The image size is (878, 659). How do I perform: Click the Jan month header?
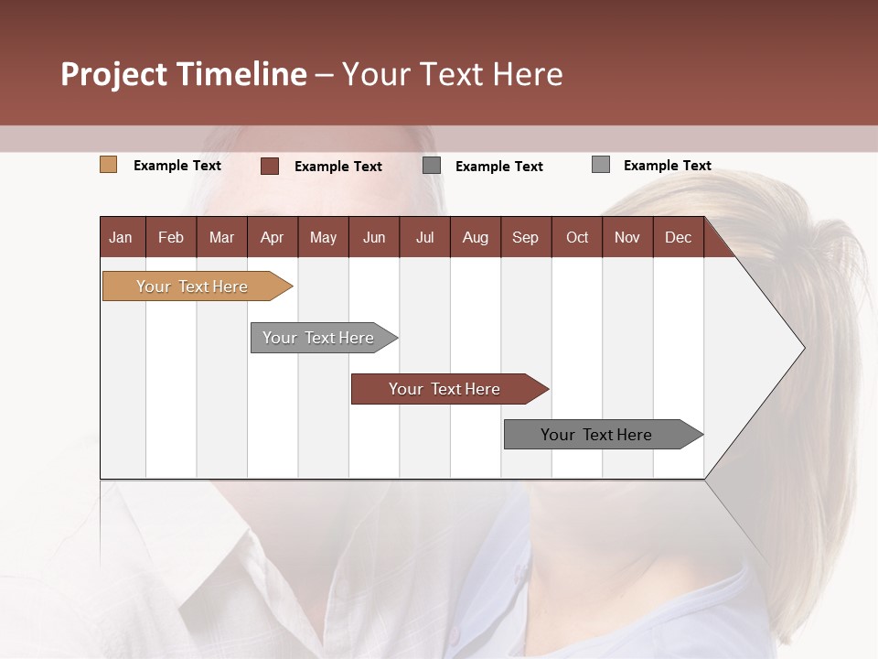(122, 237)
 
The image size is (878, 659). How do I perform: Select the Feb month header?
(171, 237)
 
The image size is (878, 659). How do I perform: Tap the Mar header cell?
(221, 237)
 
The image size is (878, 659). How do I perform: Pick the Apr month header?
(273, 237)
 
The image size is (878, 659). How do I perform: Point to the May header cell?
(323, 237)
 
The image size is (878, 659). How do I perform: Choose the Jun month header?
(374, 237)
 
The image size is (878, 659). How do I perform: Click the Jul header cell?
(424, 237)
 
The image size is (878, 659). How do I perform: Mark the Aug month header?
(476, 237)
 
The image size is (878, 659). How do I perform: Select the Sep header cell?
(526, 237)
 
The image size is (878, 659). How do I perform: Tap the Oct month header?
(577, 237)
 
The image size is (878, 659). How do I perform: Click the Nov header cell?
(627, 237)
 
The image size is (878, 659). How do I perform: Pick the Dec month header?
(679, 237)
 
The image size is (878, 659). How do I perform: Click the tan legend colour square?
(108, 165)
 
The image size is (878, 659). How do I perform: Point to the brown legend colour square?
(270, 166)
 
